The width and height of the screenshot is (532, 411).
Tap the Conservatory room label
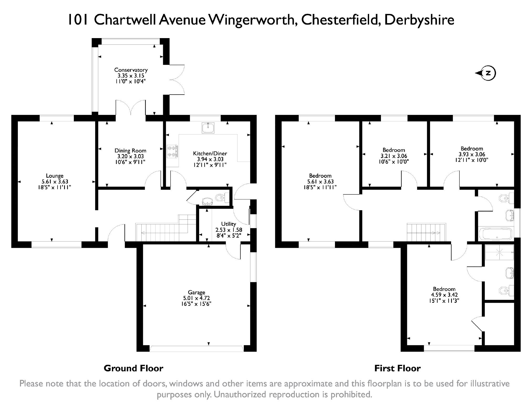click(131, 70)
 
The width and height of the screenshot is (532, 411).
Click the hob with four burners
click(172, 152)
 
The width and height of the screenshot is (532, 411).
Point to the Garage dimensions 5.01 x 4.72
click(196, 298)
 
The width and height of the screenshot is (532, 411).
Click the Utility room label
click(228, 224)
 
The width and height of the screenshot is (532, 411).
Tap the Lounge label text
click(55, 176)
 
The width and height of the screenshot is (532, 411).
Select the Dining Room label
click(130, 151)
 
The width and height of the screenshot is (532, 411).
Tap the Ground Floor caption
click(133, 368)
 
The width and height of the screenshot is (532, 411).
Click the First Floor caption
click(397, 368)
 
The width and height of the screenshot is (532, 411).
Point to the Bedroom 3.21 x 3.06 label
click(394, 150)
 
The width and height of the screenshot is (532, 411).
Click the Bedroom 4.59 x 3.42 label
click(444, 289)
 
